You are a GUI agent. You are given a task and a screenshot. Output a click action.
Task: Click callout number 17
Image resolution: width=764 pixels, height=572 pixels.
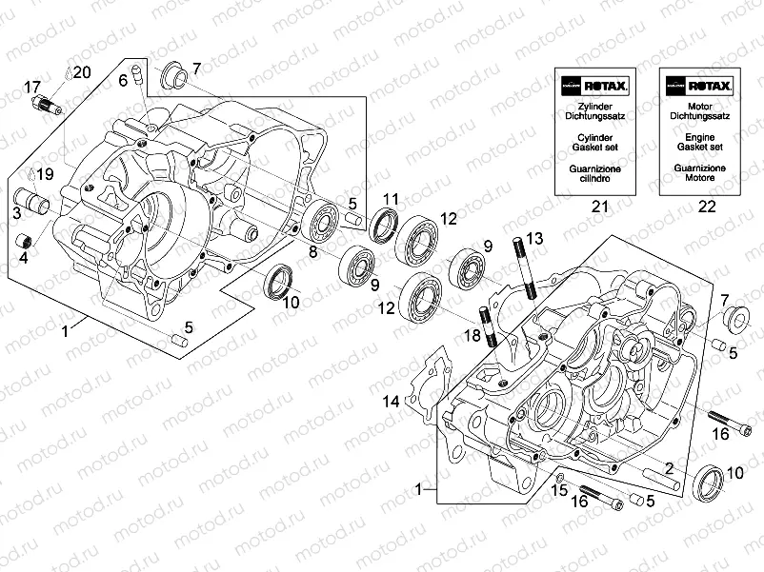click(x=32, y=88)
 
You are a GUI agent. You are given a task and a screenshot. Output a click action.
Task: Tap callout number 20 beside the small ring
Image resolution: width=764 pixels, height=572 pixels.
click(x=81, y=72)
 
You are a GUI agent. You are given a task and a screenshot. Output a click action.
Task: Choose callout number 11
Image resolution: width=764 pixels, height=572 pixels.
click(x=391, y=199)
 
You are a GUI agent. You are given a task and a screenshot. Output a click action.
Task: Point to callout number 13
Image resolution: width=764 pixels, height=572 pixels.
click(x=534, y=236)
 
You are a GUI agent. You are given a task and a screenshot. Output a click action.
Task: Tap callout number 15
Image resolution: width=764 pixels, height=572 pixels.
click(x=559, y=490)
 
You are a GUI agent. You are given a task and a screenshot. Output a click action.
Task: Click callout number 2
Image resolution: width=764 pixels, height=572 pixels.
click(x=669, y=467)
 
